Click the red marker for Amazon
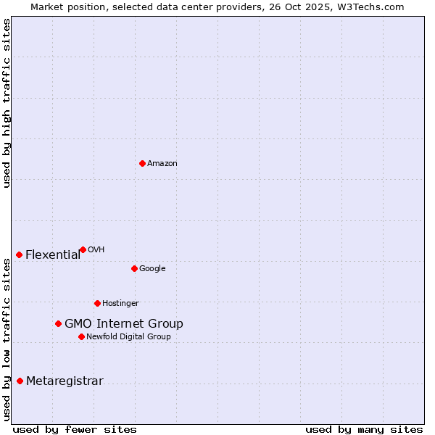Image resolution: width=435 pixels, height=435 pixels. pos(142,163)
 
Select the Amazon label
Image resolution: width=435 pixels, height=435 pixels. pos(162,164)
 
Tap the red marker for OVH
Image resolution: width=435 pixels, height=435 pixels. pos(83,249)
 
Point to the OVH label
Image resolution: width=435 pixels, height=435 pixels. pos(96,250)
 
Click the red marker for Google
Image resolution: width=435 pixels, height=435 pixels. pos(134,268)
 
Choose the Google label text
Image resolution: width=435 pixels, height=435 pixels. pos(152,269)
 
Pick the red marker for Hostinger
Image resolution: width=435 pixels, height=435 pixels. pos(97,303)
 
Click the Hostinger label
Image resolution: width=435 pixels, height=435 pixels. pos(120,304)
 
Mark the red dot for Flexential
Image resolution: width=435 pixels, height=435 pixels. pos(19,254)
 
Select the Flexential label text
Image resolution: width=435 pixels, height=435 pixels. pos(53,255)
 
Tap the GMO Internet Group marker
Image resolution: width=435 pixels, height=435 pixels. pos(58,323)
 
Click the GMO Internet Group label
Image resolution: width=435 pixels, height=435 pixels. pos(124,324)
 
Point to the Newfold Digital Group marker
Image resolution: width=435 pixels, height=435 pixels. pos(81,336)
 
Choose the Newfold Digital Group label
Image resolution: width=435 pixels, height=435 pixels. pos(128,337)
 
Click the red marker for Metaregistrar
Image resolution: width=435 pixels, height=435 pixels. pos(20,381)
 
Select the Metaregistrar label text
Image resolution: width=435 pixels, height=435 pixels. pos(65,381)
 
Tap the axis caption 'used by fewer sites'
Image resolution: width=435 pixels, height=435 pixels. pos(75,429)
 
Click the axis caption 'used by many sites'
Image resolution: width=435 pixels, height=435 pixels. pos(364,429)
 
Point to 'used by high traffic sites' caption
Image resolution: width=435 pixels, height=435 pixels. pos(7,103)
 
